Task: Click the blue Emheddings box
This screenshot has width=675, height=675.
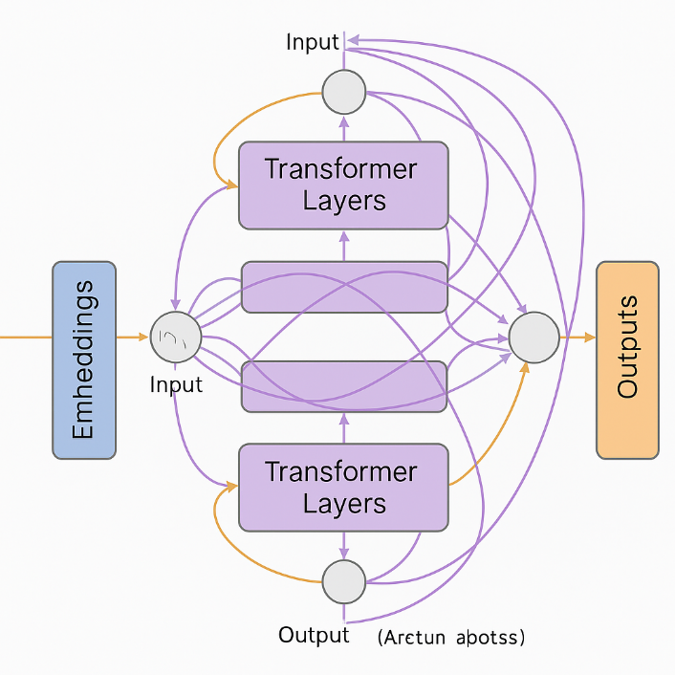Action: (83, 360)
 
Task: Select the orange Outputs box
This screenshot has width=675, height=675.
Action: (627, 360)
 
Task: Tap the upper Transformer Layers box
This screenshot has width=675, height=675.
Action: (343, 185)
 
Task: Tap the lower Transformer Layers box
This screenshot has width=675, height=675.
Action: (343, 488)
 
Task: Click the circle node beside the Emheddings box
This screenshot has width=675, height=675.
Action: (176, 337)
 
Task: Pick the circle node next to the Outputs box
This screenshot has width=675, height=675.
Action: (533, 337)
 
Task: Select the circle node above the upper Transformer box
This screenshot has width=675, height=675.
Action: (344, 93)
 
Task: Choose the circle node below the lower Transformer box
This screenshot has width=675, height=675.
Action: (344, 581)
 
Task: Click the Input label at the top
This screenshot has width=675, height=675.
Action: (313, 42)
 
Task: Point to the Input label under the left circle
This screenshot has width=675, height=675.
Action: (177, 384)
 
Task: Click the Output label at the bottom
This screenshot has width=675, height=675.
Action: (314, 635)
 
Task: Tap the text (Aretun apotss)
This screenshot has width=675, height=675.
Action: (450, 636)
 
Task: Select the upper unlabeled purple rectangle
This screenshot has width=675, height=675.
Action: (343, 287)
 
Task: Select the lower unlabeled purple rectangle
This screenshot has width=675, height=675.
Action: (343, 386)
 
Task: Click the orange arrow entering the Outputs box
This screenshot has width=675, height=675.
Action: (577, 337)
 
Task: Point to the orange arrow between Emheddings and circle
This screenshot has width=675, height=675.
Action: (133, 337)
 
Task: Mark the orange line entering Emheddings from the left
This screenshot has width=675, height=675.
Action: (25, 337)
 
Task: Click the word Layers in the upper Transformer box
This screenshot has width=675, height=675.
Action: (344, 202)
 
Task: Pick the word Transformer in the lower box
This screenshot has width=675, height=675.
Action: (341, 471)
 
